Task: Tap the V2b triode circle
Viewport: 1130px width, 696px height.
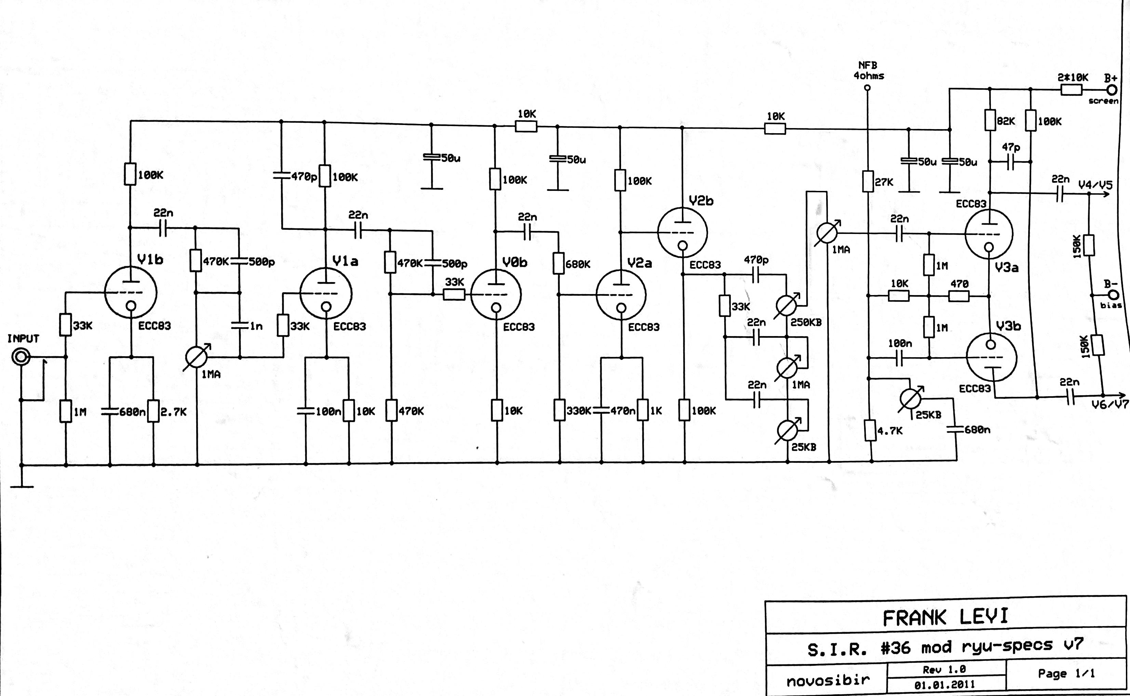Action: click(x=682, y=232)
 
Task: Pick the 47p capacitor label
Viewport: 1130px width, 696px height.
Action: click(x=1011, y=147)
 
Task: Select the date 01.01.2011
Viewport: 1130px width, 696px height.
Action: click(x=944, y=684)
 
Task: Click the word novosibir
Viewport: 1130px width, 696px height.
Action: click(x=828, y=680)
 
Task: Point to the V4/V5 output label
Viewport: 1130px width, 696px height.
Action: click(x=1095, y=185)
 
